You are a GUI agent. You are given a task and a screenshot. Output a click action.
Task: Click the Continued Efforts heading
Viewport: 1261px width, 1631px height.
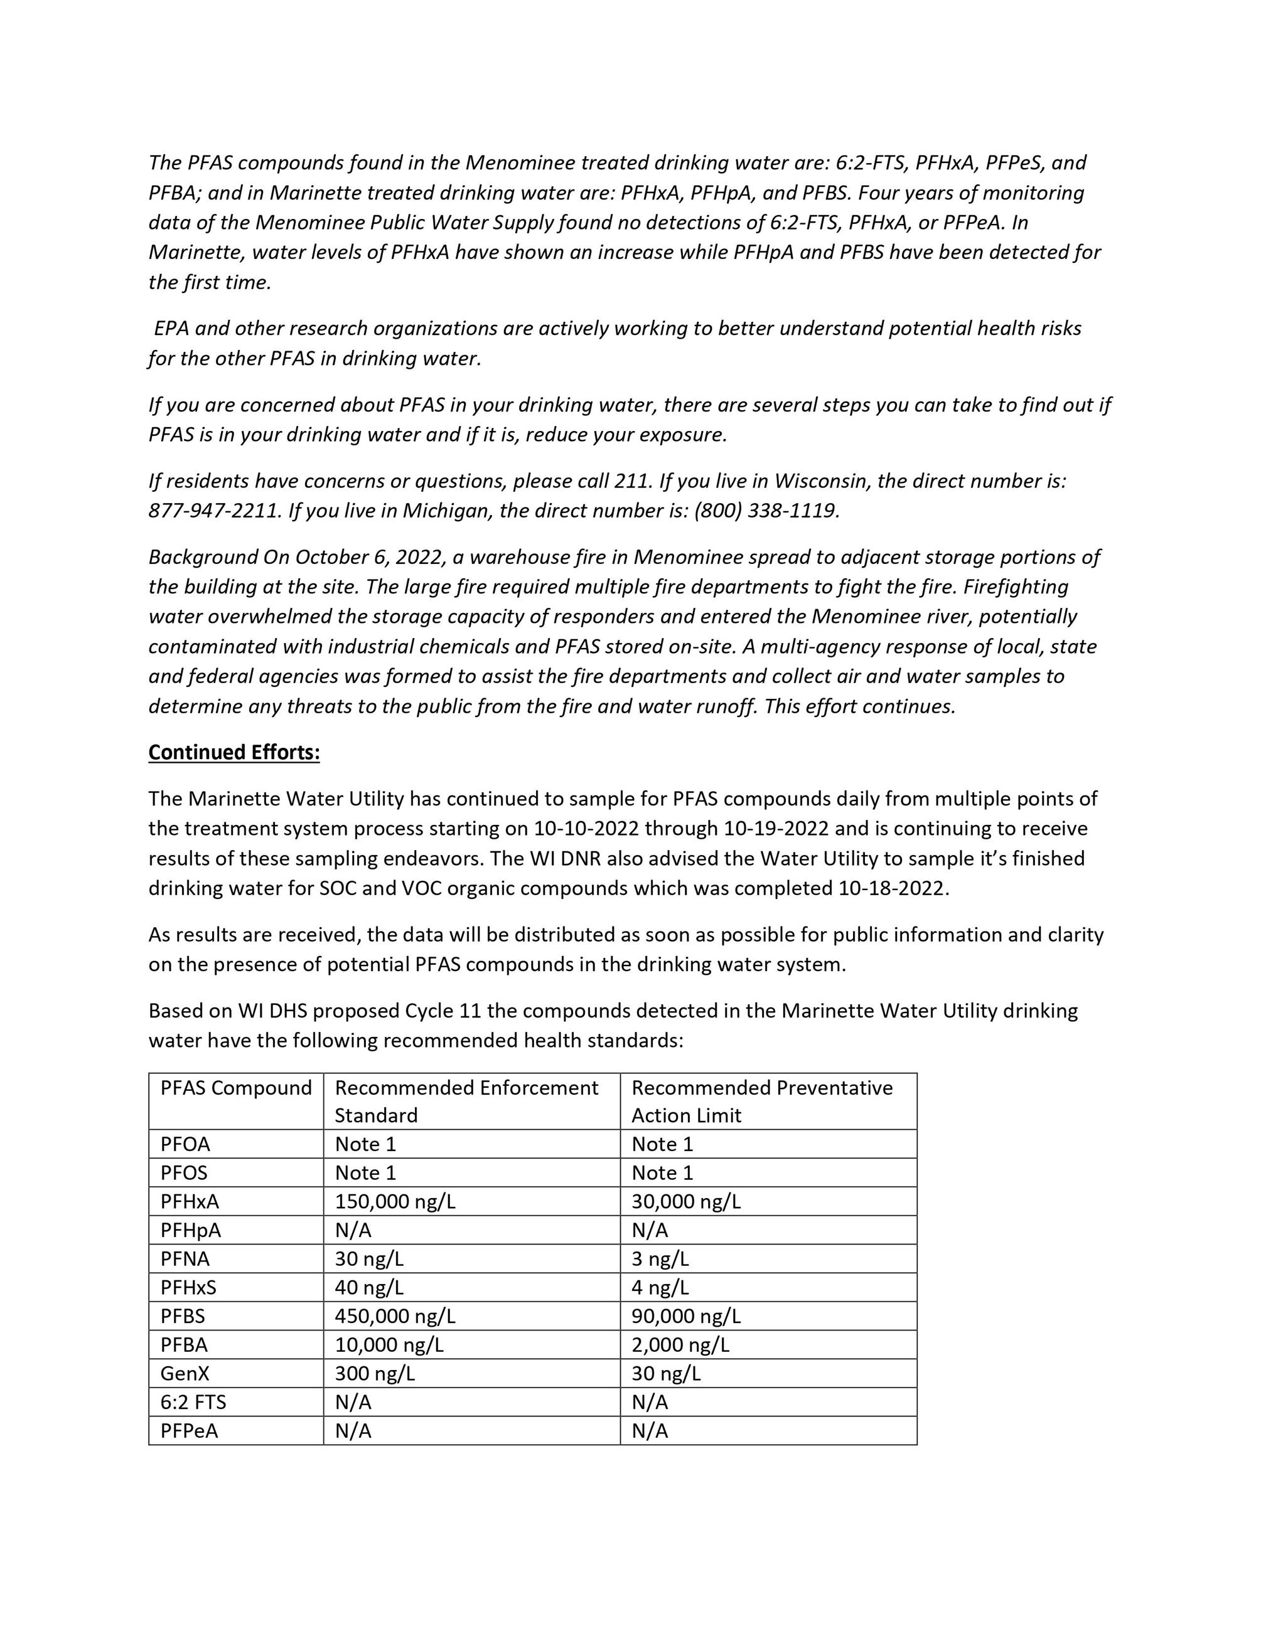tap(234, 752)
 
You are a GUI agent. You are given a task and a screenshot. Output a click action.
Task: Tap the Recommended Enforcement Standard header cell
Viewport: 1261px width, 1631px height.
tap(466, 1101)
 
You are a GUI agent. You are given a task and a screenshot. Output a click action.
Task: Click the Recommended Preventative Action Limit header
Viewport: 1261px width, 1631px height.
tap(762, 1101)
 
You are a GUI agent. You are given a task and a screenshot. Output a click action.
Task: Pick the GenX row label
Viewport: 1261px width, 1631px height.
tap(185, 1373)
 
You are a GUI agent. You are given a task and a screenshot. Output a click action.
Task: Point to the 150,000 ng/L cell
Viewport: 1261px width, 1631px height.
tap(395, 1201)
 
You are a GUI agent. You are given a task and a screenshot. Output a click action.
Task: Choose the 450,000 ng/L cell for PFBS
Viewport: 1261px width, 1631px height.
tap(395, 1316)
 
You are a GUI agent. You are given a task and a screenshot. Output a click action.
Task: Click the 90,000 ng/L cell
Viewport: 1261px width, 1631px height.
tap(686, 1316)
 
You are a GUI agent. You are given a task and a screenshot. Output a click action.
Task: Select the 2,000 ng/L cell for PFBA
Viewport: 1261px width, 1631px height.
tap(680, 1345)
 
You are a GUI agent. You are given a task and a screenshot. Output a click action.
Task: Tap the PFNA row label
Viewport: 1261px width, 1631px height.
tap(185, 1259)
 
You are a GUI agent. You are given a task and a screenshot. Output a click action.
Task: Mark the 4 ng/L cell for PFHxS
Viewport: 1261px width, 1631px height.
tap(660, 1287)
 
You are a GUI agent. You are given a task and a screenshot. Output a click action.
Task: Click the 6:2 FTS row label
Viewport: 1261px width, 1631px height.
tap(193, 1402)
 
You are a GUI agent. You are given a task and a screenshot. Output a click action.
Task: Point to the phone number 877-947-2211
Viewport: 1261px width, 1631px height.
tap(215, 511)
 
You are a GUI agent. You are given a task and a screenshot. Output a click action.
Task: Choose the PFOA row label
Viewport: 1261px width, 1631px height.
tap(185, 1144)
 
